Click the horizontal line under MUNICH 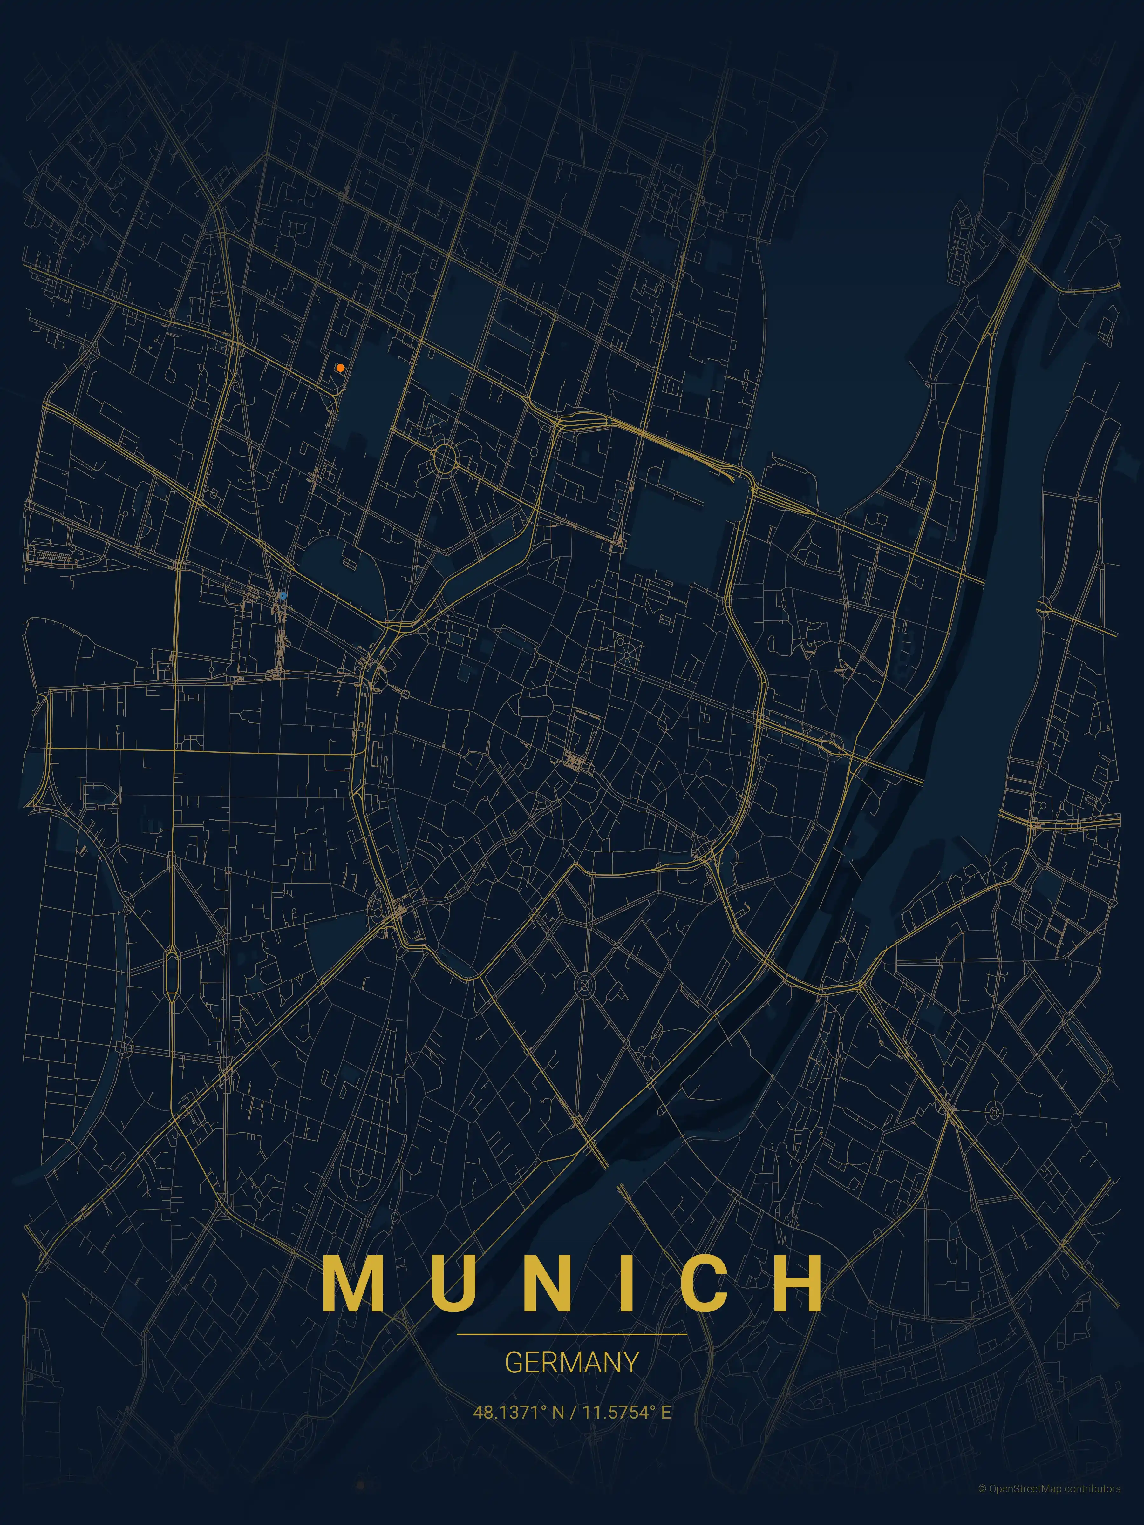572,1334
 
